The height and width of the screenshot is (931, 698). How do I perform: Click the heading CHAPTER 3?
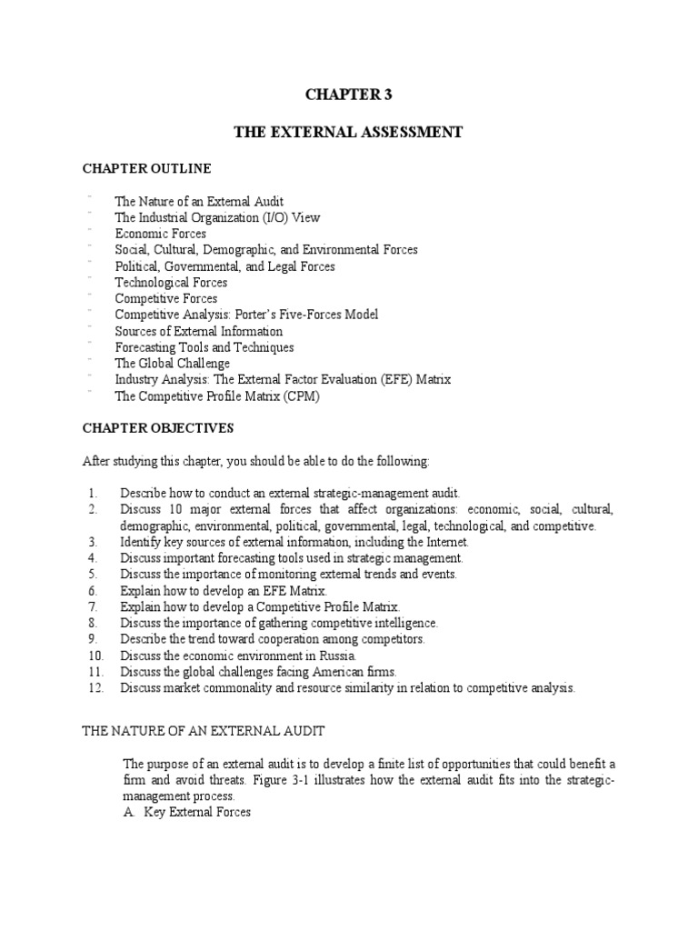(349, 94)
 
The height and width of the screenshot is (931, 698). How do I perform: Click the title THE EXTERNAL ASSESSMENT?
(349, 133)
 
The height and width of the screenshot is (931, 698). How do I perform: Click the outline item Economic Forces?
(160, 234)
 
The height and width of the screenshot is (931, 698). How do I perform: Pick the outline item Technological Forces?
(171, 283)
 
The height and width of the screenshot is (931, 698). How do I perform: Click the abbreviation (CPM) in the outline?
(302, 396)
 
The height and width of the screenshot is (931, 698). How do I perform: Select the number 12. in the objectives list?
(97, 688)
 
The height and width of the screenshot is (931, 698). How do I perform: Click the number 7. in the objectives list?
(95, 606)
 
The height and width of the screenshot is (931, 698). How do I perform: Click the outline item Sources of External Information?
(198, 331)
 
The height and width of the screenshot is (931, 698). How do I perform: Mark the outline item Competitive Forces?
(165, 298)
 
